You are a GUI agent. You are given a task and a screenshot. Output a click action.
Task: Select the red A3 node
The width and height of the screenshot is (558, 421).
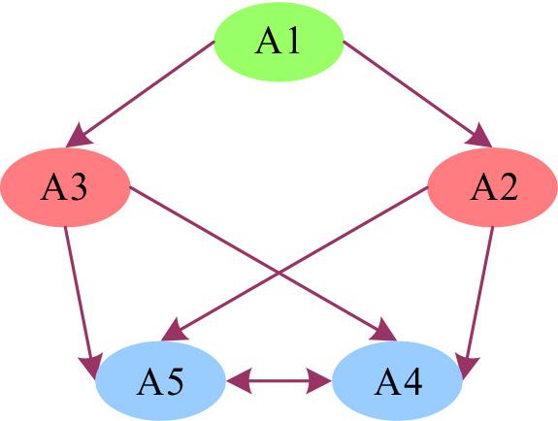point(66,188)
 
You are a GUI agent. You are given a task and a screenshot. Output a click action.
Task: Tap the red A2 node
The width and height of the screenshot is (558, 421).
point(492,188)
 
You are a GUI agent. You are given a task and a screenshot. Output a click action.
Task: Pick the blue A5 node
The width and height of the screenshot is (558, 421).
point(161,381)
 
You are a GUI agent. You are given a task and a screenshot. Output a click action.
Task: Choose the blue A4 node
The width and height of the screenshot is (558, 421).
point(397,381)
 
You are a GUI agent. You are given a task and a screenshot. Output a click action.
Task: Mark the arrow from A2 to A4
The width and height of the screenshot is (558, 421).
point(480,296)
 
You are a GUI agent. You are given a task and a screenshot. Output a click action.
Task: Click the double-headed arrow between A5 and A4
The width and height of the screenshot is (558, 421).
point(279,381)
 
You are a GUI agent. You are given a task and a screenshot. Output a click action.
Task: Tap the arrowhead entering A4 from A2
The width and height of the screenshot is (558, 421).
point(467,366)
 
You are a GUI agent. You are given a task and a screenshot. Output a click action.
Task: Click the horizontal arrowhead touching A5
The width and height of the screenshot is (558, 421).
point(239,381)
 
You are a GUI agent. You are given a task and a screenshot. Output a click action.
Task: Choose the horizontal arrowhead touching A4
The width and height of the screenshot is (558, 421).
point(320,381)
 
